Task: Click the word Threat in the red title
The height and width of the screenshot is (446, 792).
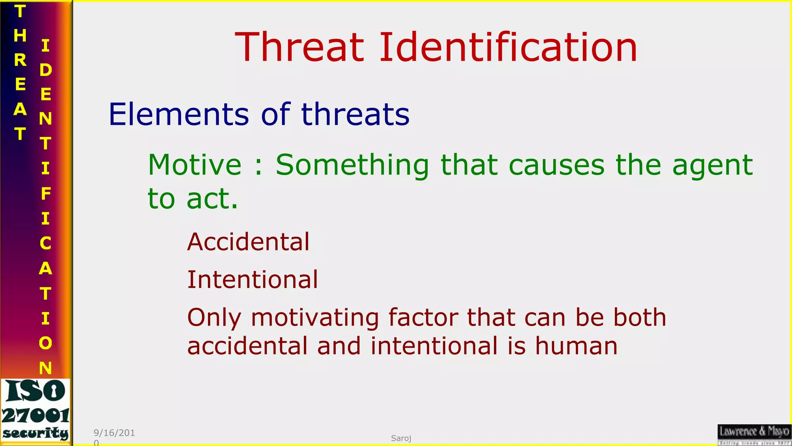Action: [300, 47]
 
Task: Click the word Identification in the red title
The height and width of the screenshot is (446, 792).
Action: [508, 47]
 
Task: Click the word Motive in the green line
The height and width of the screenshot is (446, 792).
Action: [195, 165]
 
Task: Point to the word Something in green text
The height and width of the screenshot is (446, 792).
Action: [352, 165]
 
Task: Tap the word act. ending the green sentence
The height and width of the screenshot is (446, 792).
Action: [212, 199]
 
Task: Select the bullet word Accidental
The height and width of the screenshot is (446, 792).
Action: [248, 242]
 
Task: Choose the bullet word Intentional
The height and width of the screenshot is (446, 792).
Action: [253, 280]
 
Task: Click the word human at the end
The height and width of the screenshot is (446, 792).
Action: [576, 346]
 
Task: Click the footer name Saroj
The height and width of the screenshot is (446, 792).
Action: [401, 438]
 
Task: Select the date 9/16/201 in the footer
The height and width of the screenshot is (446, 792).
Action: [114, 433]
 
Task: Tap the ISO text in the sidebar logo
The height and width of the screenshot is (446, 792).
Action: [36, 391]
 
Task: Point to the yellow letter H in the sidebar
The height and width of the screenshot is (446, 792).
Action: [20, 36]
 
